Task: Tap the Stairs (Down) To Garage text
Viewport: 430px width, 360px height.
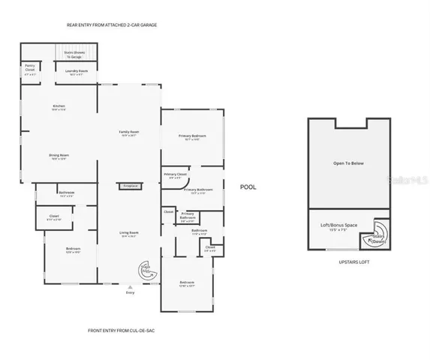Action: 74,54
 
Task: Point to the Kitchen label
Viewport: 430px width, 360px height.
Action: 59,107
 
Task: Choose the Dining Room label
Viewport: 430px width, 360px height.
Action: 59,156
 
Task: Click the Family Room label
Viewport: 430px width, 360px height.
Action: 129,133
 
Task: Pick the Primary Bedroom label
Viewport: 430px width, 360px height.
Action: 192,138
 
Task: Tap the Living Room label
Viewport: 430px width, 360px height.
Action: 128,235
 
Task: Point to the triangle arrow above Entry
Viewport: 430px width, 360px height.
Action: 129,285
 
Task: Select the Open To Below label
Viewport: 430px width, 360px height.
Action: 347,163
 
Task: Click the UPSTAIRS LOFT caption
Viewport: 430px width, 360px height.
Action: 348,262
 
